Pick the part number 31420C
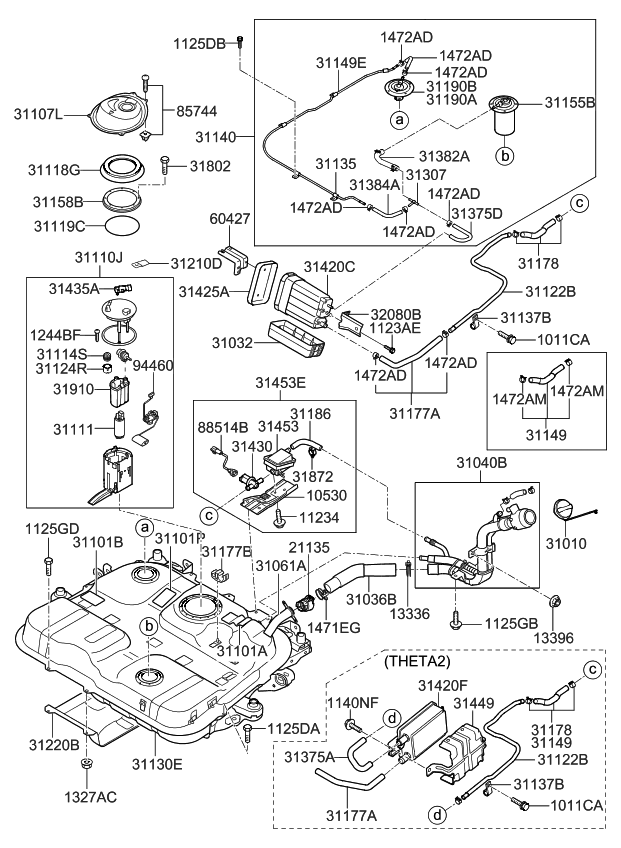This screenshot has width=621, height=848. coord(330,267)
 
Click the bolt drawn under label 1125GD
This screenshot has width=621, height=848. coord(47,565)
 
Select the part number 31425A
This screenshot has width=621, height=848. coord(205,292)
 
